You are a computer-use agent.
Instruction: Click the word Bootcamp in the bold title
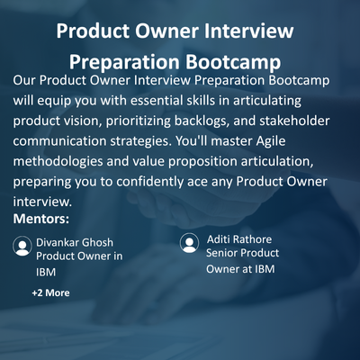click(233, 61)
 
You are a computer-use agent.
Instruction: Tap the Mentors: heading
click(41, 219)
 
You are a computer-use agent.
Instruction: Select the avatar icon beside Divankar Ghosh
click(22, 246)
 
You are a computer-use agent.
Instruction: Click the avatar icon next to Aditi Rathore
click(189, 243)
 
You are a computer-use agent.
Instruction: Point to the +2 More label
click(50, 292)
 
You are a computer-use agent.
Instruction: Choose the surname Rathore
click(252, 239)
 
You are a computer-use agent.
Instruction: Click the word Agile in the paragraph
click(271, 141)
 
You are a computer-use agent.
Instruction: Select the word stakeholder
click(294, 121)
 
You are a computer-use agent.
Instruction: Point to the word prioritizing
click(139, 121)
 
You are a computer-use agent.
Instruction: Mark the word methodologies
click(58, 162)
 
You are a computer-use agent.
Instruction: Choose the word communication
click(59, 141)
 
